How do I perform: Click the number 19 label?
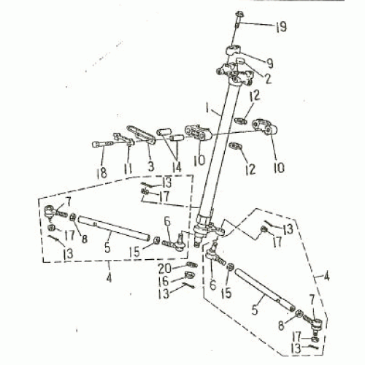281,26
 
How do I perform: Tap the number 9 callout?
269,64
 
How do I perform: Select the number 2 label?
268,78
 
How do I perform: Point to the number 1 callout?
207,108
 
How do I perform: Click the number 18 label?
101,173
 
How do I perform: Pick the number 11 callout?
128,169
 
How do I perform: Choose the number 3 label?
151,166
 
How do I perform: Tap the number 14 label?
177,167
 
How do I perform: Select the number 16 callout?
164,281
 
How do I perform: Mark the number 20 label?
165,269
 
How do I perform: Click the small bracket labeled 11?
124,139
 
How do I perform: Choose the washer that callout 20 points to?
192,264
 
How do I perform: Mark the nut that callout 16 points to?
189,275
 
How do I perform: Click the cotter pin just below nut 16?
189,285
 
